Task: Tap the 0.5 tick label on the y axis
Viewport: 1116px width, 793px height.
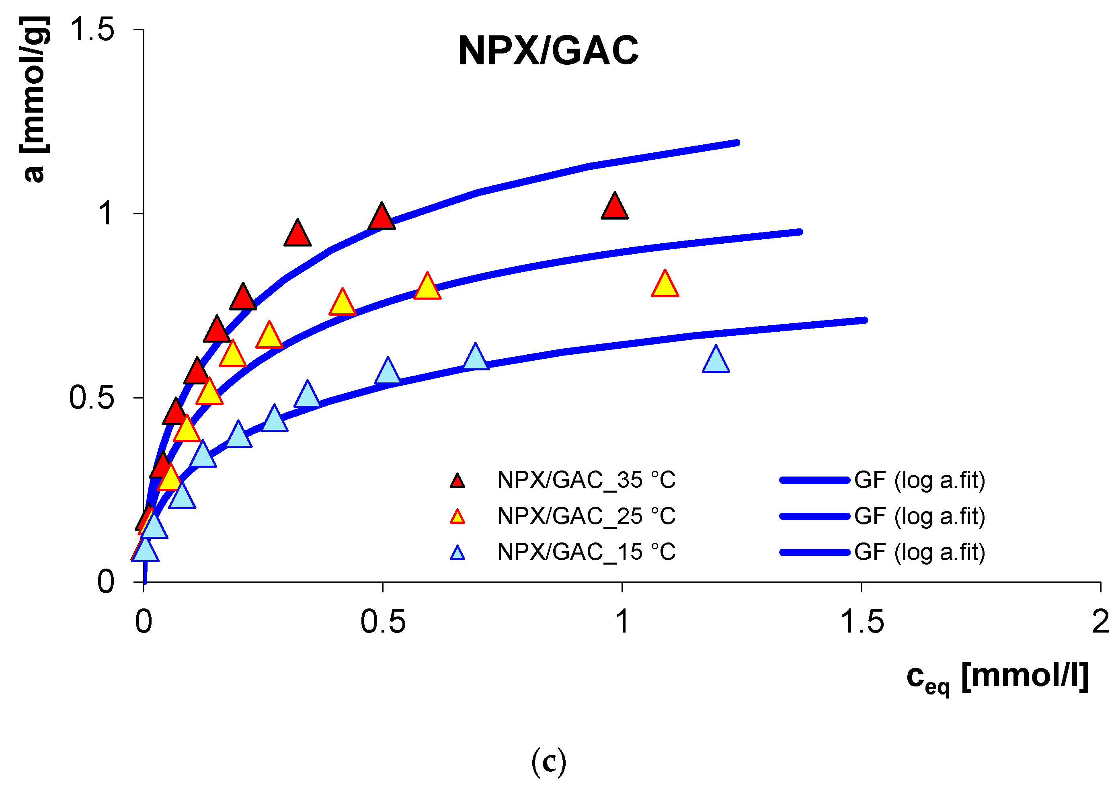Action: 92,398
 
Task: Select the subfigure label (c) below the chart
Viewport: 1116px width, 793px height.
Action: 549,762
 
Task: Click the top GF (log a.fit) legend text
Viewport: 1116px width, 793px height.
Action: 920,481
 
